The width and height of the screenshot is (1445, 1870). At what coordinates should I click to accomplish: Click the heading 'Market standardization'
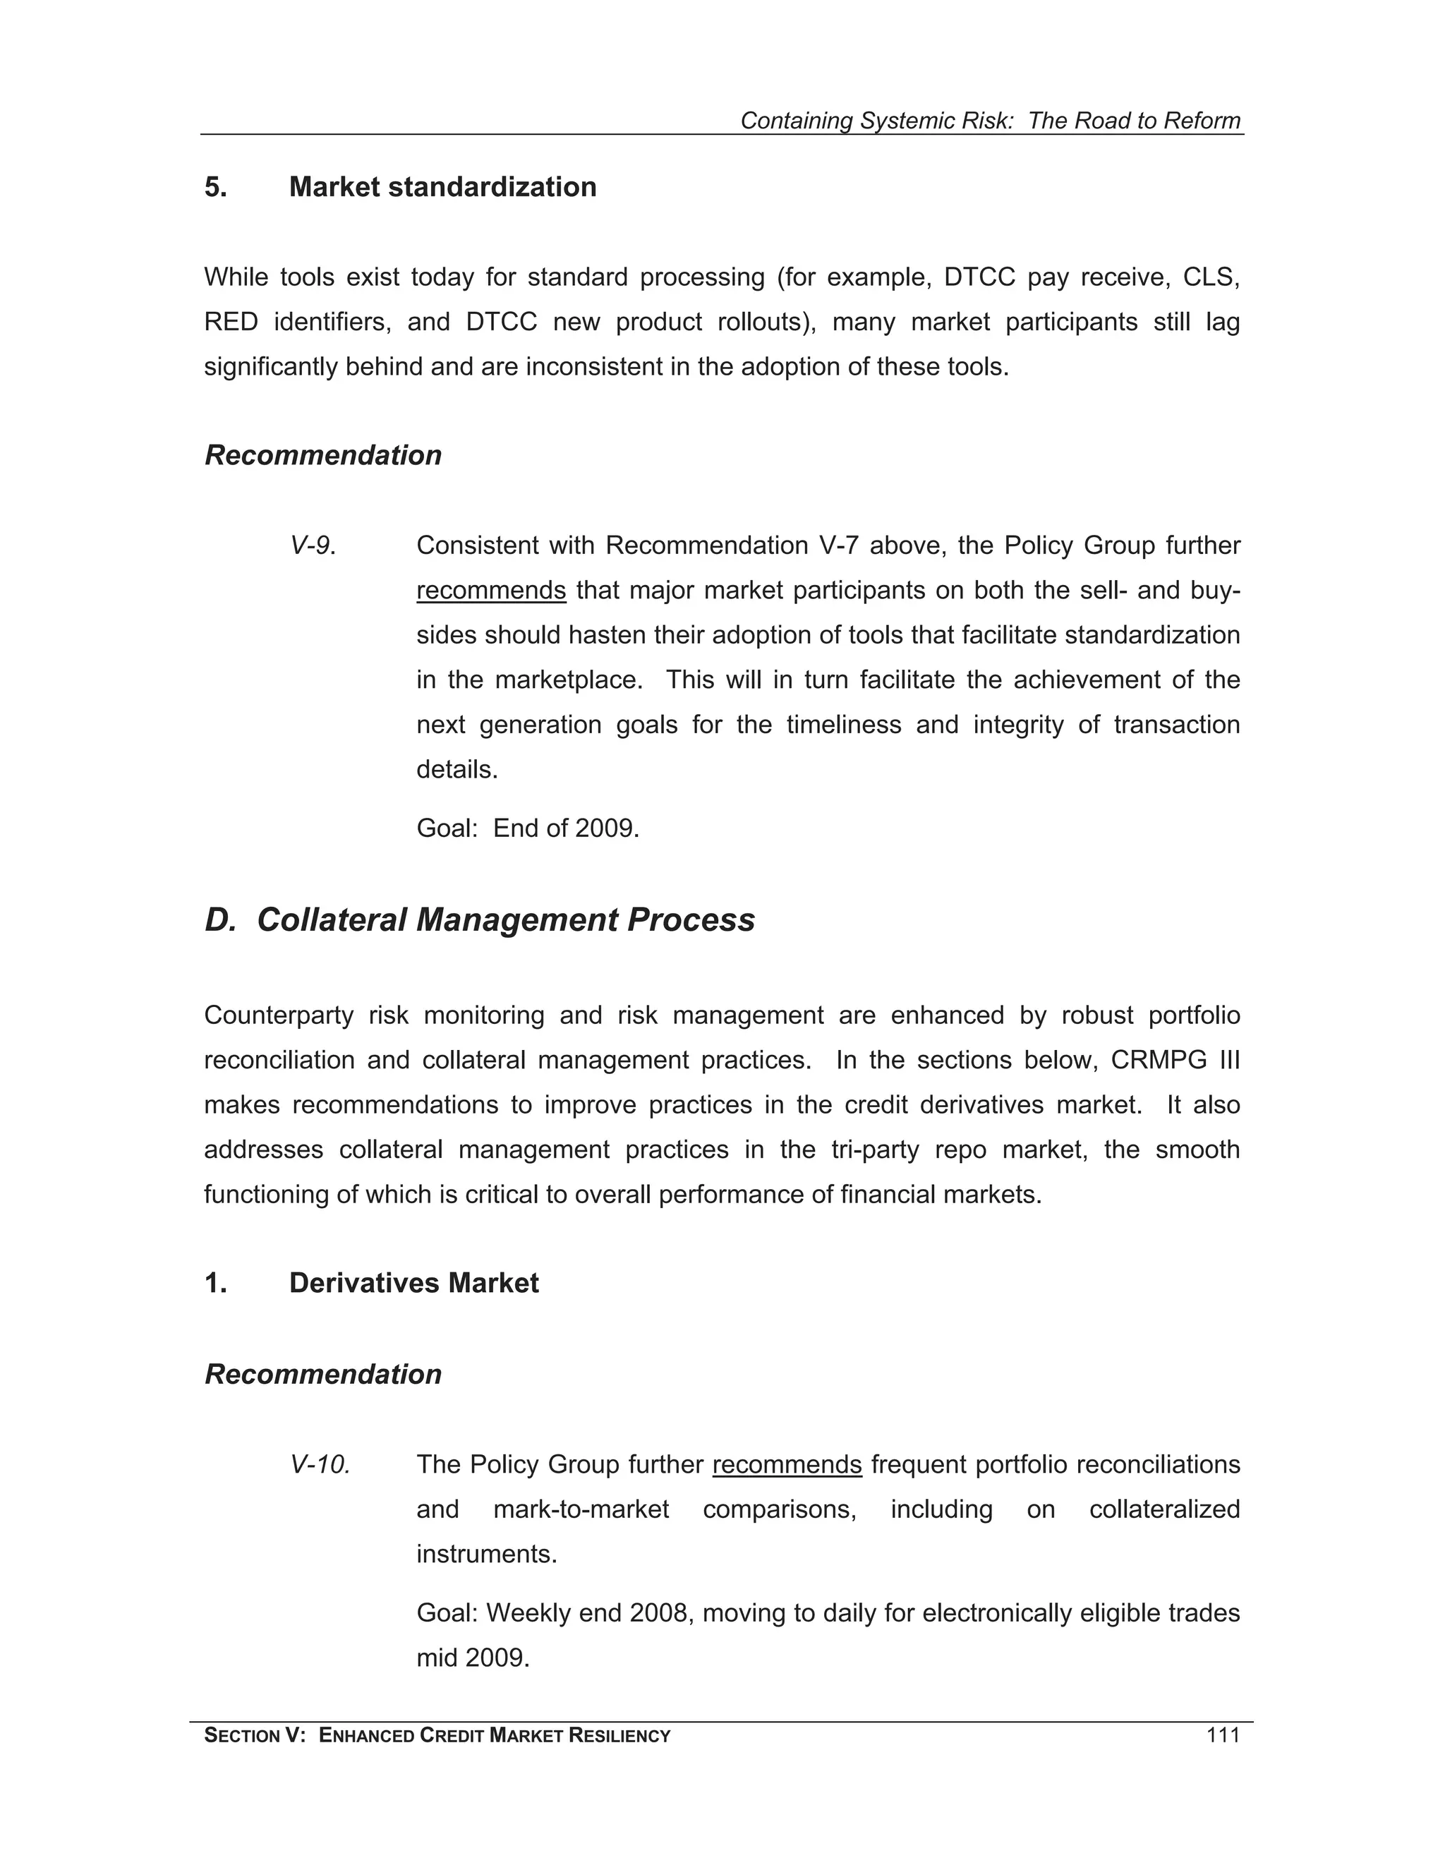pos(442,187)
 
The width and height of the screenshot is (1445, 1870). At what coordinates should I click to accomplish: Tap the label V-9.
pos(313,545)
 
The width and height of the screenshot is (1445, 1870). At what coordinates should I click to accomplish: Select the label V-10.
pos(320,1464)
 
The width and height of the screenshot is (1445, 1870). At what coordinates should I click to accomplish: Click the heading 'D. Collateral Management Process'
pos(479,919)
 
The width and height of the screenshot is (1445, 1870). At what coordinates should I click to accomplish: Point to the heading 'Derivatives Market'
pos(413,1283)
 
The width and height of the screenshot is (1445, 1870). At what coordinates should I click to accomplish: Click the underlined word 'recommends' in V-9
pos(490,591)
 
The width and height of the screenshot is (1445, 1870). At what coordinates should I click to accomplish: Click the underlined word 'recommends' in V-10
pos(786,1464)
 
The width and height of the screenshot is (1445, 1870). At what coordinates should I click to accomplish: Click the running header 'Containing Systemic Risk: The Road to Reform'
pos(990,121)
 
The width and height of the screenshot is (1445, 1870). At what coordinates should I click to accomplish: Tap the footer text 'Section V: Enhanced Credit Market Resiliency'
pos(437,1736)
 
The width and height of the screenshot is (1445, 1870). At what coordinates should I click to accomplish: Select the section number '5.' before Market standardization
pos(216,187)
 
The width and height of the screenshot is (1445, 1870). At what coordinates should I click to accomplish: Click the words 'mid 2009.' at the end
pos(473,1658)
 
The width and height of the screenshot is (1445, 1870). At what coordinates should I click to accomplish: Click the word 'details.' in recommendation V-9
pos(457,770)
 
